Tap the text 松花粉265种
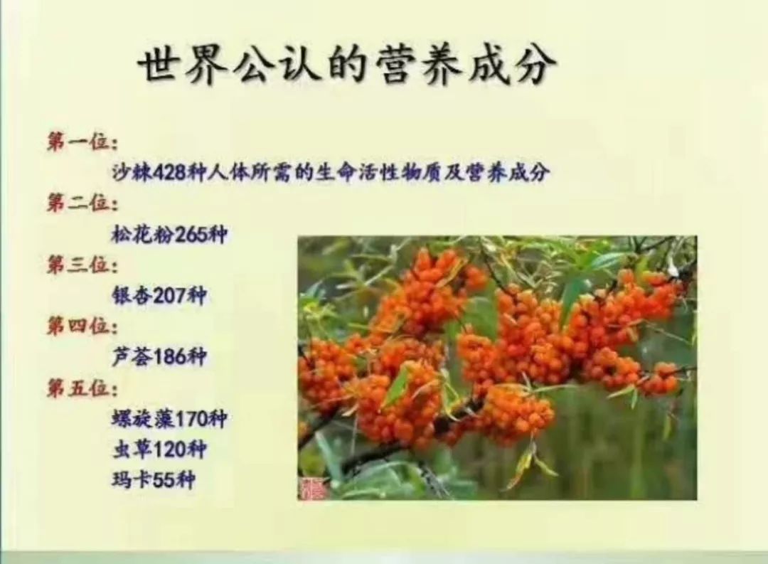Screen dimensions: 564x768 tap(169, 235)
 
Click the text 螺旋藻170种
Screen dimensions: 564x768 tap(169, 418)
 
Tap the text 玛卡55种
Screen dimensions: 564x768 tap(153, 480)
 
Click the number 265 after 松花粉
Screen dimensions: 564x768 tap(190, 235)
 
